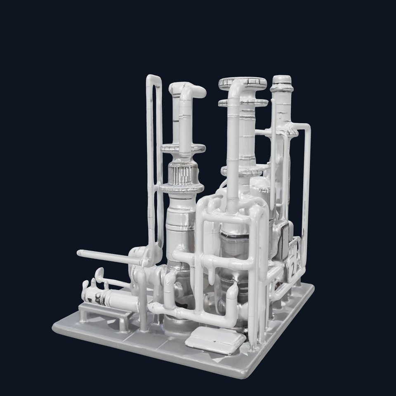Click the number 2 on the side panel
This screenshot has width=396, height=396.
(x=292, y=270)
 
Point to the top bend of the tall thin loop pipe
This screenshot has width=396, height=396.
(x=153, y=78)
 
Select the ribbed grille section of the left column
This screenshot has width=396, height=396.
(x=181, y=175)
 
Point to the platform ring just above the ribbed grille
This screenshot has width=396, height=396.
(x=181, y=148)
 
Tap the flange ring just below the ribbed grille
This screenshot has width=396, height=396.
(x=181, y=188)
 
